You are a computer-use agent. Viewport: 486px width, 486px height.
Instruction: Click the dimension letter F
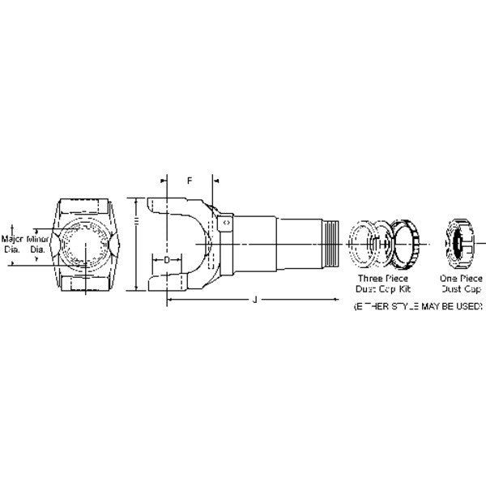[x=189, y=180]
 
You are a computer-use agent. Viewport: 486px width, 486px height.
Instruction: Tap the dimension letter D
[x=166, y=261]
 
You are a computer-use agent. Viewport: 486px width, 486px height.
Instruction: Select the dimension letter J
[x=254, y=300]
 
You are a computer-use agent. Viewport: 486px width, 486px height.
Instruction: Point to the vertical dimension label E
[x=138, y=221]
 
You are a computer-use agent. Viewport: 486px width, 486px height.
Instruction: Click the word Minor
[x=38, y=240]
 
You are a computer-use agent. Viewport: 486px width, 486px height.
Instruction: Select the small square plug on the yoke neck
[x=227, y=221]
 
